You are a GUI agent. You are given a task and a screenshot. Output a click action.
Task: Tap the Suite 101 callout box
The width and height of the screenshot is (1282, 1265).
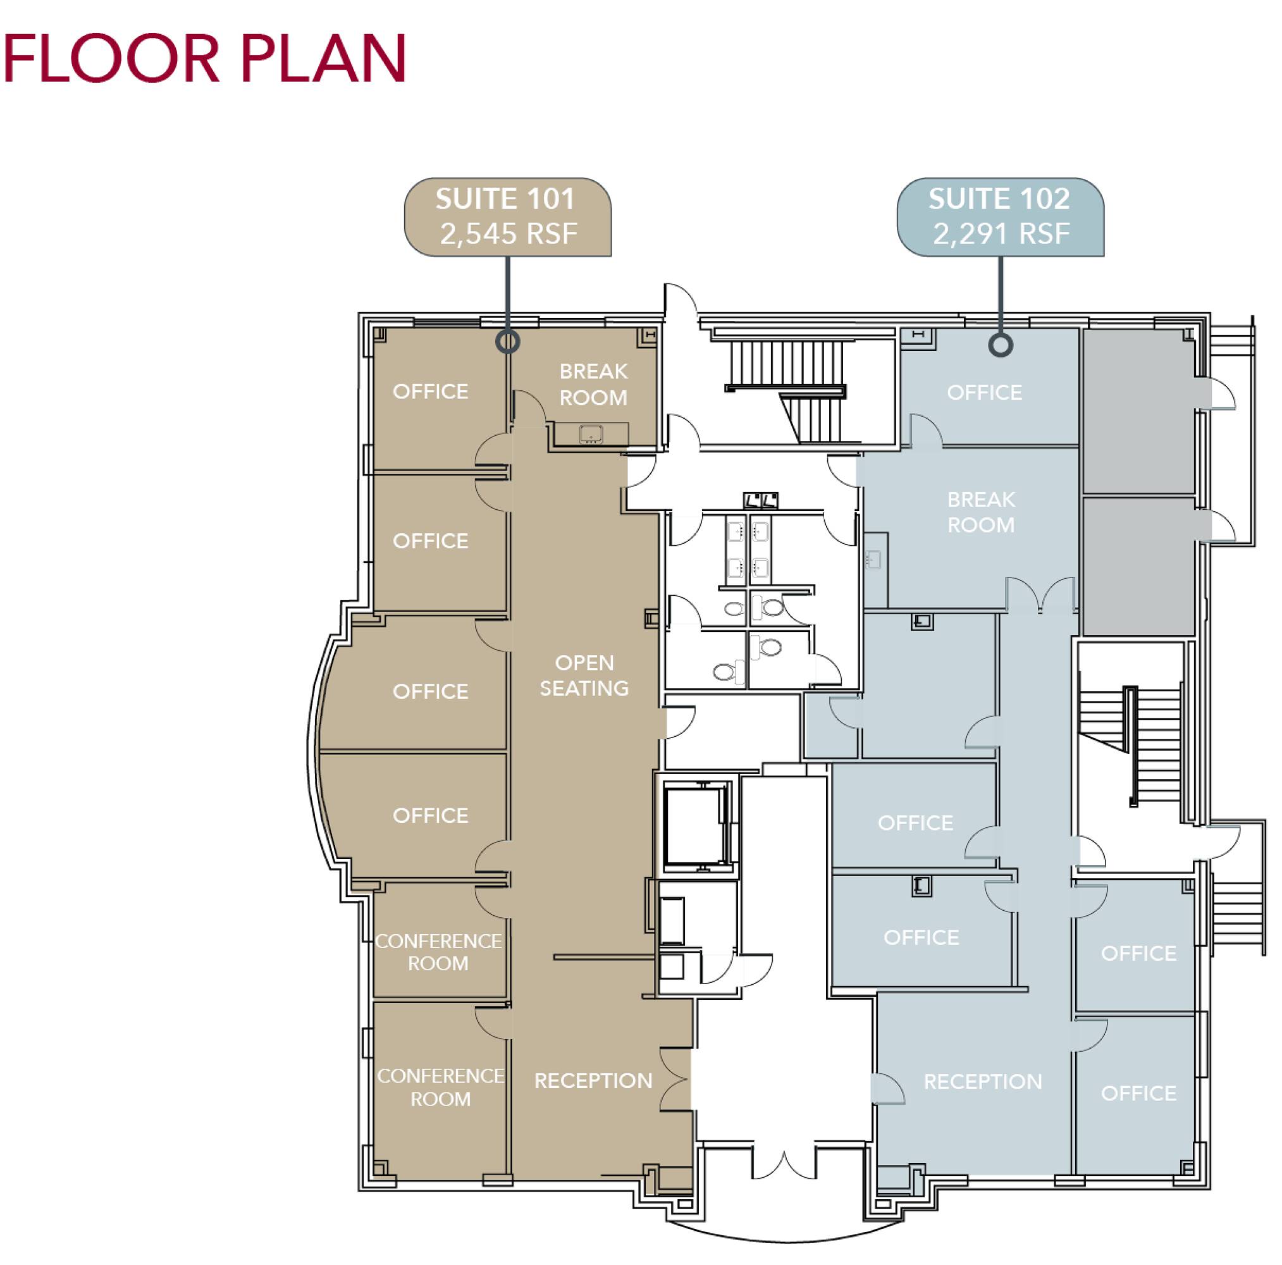(x=508, y=217)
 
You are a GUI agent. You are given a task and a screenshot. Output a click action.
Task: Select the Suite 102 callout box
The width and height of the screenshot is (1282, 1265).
(x=1001, y=217)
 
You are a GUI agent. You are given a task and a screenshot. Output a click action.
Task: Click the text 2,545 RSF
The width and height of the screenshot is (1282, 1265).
(x=508, y=233)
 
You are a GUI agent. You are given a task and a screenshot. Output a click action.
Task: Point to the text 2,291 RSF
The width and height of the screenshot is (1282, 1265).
(x=1001, y=233)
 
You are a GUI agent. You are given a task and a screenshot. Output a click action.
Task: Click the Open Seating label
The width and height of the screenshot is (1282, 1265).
(x=584, y=675)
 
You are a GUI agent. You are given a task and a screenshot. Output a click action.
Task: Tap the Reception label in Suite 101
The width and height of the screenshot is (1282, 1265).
(x=593, y=1080)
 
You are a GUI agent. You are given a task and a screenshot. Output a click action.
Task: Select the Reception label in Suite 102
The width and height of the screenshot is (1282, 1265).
(x=983, y=1082)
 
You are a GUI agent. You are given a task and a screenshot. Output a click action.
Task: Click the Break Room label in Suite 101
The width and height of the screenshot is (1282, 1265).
(x=593, y=385)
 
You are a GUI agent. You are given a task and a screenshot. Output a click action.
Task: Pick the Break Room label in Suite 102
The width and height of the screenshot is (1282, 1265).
(x=982, y=512)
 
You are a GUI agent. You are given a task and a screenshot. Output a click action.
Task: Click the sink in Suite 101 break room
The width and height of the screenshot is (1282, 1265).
(x=591, y=434)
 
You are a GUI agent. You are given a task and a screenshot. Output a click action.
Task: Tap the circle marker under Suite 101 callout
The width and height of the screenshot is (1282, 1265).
(x=508, y=342)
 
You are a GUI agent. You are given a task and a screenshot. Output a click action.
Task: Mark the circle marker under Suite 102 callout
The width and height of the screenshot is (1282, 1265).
(x=1001, y=345)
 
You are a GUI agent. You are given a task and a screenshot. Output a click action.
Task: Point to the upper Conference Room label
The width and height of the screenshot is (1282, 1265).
(x=438, y=952)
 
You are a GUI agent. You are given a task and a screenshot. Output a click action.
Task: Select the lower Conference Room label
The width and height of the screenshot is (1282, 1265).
(x=441, y=1087)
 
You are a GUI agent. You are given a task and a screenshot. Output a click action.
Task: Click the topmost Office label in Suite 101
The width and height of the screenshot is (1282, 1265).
(x=431, y=392)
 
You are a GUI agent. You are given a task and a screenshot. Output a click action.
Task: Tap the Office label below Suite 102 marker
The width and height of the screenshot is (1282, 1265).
(x=985, y=392)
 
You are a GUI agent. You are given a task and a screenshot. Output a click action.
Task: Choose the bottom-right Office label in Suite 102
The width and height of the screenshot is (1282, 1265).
(x=1138, y=1093)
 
